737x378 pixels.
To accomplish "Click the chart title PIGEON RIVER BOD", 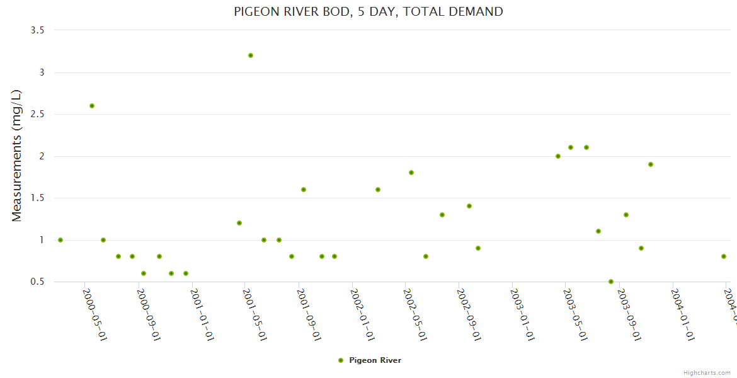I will coord(368,11).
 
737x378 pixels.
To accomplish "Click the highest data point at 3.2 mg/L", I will coord(251,55).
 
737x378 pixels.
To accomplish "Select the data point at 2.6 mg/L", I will coord(92,106).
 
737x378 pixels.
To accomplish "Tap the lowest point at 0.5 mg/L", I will coord(611,282).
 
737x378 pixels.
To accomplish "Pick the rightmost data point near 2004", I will coord(724,256).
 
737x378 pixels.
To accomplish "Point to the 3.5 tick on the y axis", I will coord(42,30).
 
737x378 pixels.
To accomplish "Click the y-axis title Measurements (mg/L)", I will coord(17,156).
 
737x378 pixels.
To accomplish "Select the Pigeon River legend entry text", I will coord(375,360).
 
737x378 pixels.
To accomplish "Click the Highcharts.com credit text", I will coord(707,373).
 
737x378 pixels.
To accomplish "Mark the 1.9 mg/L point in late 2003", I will coord(651,164).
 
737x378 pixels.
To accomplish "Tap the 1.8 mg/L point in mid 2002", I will coord(411,173).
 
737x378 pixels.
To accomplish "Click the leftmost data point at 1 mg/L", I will coord(60,240).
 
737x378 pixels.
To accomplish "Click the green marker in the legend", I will coord(341,360).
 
